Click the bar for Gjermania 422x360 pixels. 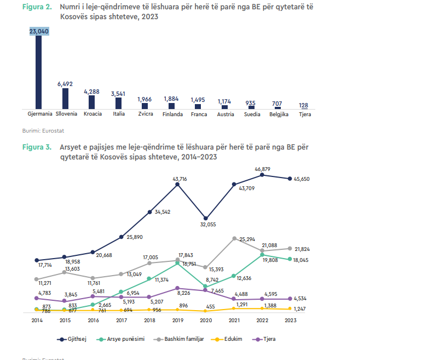[39, 71]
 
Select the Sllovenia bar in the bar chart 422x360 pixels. [65, 99]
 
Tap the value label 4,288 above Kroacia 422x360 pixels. [91, 92]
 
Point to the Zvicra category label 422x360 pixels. [146, 114]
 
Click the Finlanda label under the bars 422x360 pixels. [172, 114]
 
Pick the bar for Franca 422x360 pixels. [199, 106]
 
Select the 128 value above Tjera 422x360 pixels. [304, 105]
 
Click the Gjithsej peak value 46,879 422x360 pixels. [263, 169]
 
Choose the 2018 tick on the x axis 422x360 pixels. [149, 320]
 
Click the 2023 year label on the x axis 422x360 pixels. [290, 320]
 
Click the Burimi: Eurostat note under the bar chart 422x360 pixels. [37, 130]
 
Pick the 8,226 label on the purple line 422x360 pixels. [184, 293]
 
